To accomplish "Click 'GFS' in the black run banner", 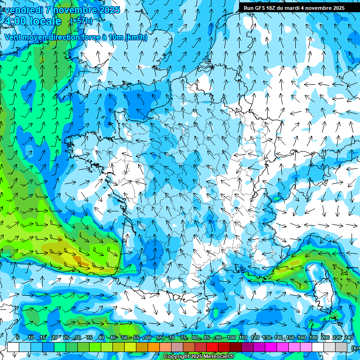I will point(260,8).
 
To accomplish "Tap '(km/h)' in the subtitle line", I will point(136,37).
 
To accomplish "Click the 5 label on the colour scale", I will point(17,337).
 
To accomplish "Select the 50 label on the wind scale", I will point(124,337).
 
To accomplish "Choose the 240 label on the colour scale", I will point(348,337).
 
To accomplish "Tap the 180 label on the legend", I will point(313,337).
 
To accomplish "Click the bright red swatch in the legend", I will point(212,347).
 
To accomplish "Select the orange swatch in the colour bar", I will point(154,347).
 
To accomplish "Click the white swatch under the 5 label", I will point(13,347).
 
